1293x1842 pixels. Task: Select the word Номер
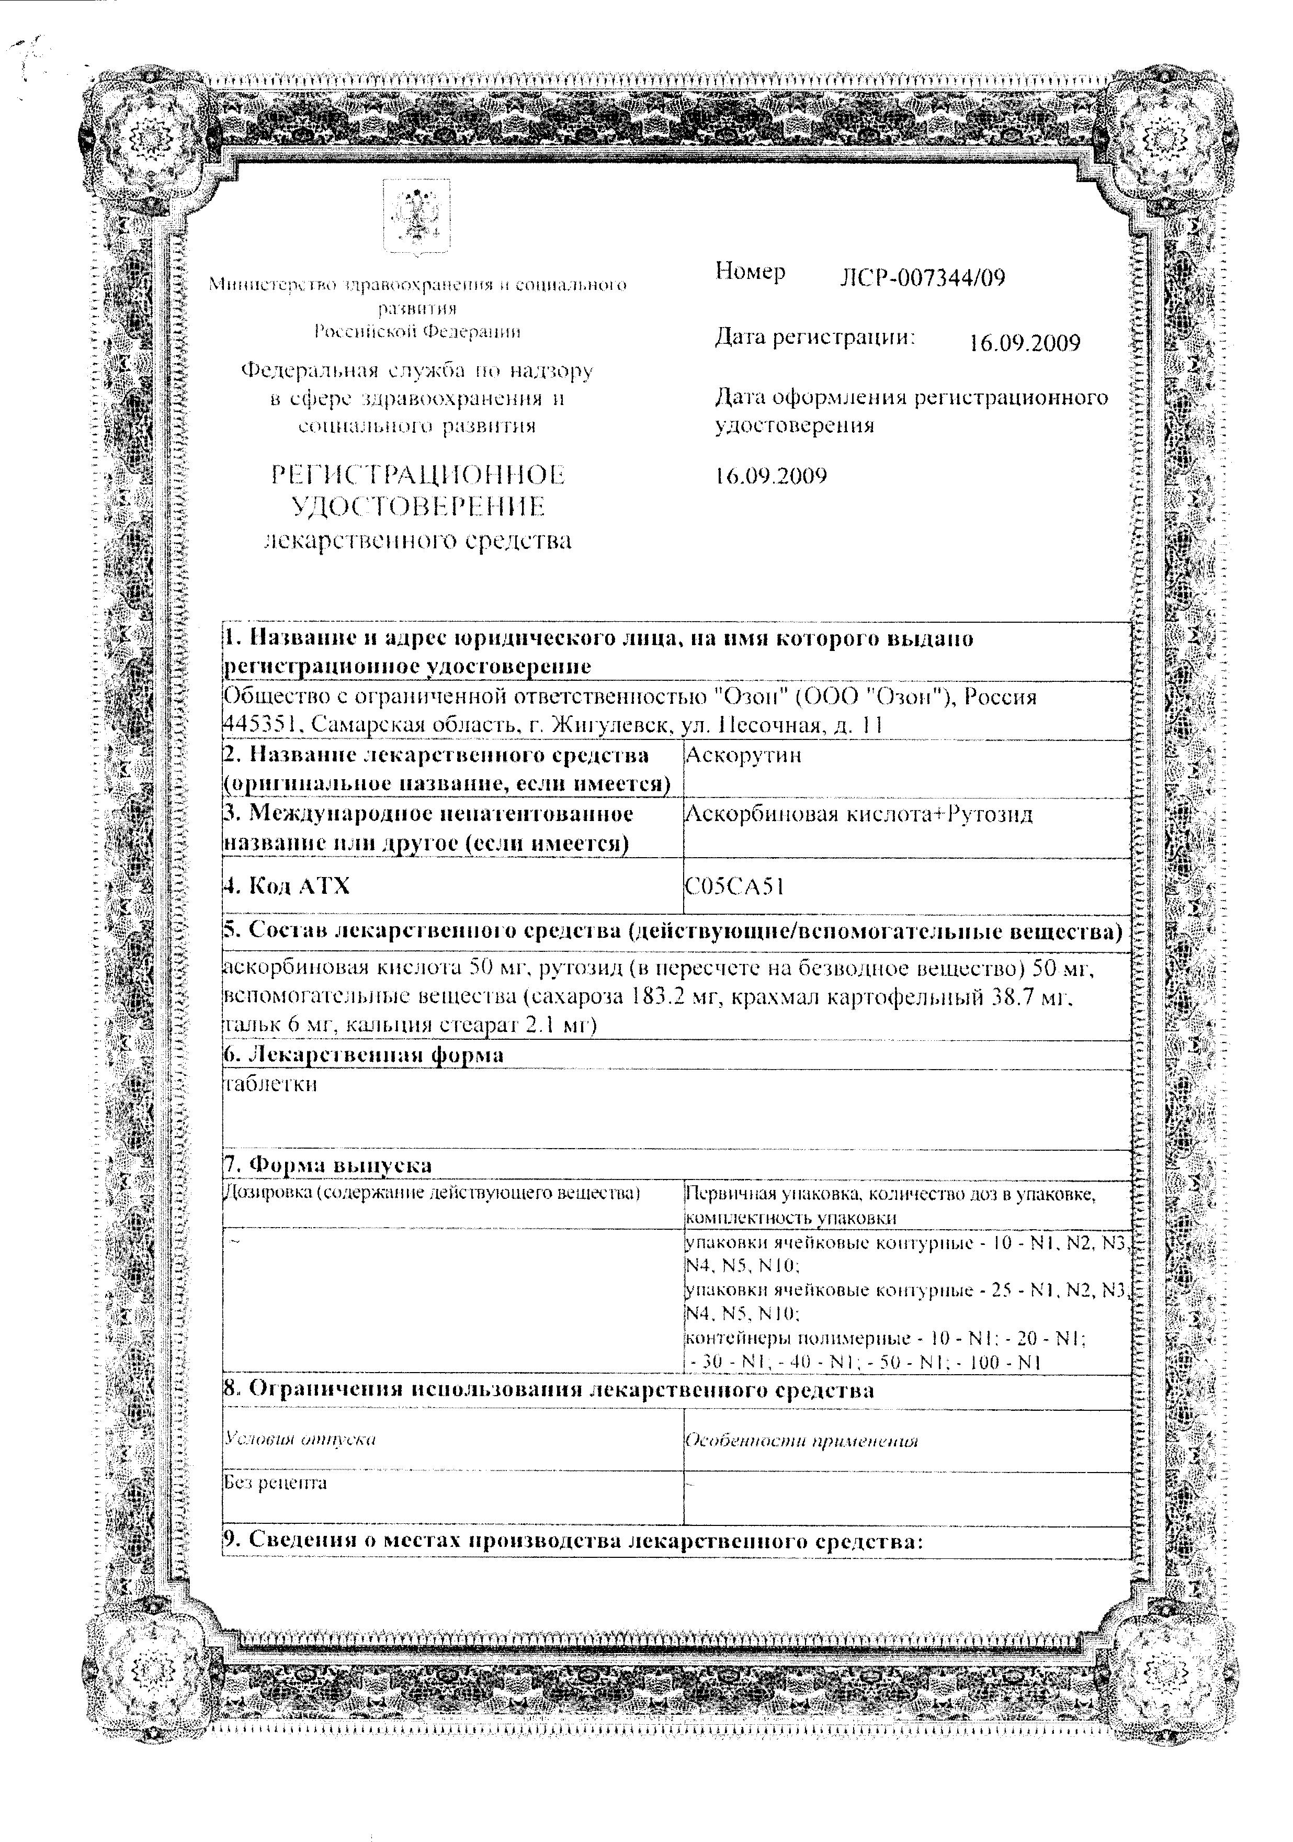[750, 272]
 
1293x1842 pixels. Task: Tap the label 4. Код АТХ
[287, 886]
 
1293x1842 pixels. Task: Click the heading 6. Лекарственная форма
[364, 1054]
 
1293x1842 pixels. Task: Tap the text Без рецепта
[275, 1482]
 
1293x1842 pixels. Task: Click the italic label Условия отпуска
[301, 1439]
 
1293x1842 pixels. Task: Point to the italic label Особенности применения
[801, 1440]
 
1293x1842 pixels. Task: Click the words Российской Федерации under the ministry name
[416, 331]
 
